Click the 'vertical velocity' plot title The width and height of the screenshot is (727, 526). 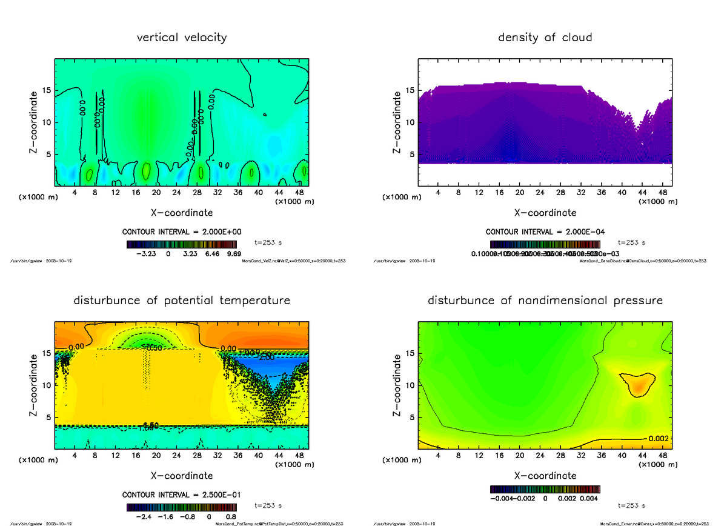(182, 38)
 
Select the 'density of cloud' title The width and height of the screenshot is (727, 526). (545, 38)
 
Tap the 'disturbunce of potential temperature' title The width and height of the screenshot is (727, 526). (182, 301)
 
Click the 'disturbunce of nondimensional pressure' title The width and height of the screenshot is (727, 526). (545, 301)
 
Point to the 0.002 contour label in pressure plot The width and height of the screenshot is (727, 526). (658, 438)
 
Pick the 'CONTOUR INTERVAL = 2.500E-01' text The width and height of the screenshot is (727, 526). (182, 494)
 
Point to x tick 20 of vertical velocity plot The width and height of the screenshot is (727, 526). (156, 193)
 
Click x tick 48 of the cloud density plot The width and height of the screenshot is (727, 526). (663, 193)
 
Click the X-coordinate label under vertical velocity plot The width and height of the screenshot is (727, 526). (182, 213)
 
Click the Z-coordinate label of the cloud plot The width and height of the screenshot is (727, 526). (398, 122)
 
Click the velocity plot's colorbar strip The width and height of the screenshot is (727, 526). (181, 245)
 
